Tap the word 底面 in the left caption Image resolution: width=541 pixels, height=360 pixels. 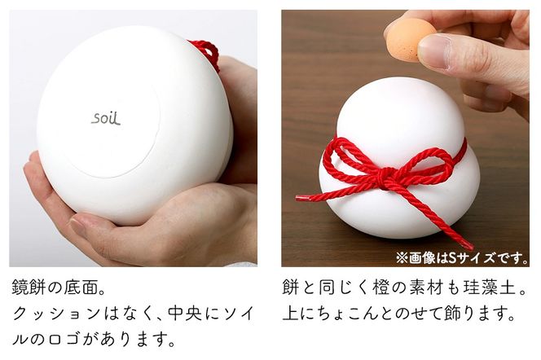[86, 288]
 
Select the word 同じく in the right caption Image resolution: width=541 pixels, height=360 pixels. [332, 288]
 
